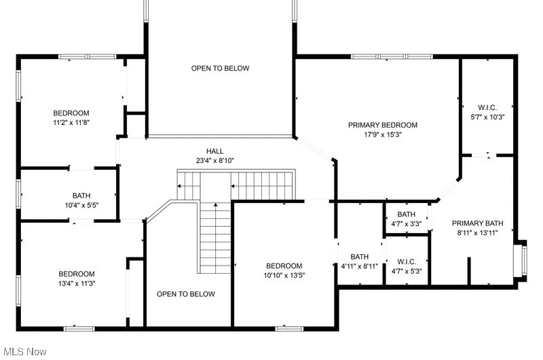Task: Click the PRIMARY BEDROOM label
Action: click(382, 125)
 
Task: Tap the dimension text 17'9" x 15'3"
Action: click(382, 134)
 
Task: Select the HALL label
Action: click(214, 151)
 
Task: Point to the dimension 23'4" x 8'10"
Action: click(214, 161)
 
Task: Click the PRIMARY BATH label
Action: click(478, 223)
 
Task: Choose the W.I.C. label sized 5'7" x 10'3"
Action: click(487, 107)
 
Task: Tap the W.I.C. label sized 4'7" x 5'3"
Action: click(407, 262)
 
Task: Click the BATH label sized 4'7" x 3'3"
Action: click(407, 213)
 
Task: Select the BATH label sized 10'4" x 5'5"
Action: click(81, 195)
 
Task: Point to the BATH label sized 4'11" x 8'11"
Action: click(360, 256)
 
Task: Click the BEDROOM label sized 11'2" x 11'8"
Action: click(71, 113)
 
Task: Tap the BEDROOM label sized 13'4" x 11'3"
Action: click(76, 274)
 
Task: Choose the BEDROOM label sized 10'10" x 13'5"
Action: click(284, 266)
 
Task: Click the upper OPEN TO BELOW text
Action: click(220, 68)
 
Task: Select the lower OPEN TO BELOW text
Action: click(185, 294)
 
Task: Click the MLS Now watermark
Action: click(24, 352)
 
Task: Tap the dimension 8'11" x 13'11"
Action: click(478, 233)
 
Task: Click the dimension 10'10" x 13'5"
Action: click(284, 275)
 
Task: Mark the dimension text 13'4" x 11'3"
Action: click(76, 283)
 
